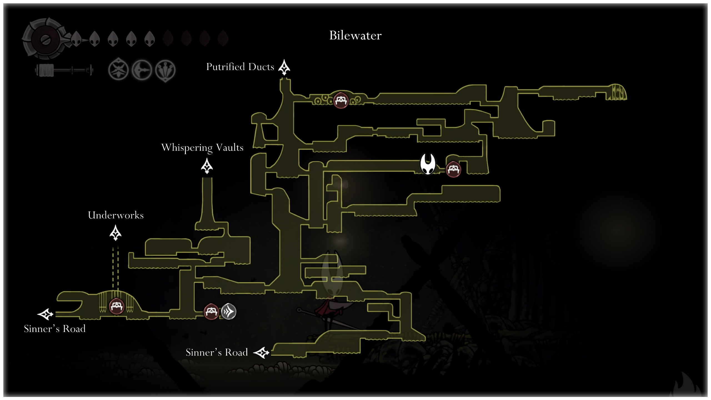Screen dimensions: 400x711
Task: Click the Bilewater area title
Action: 355,36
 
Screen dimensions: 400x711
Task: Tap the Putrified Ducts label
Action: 240,67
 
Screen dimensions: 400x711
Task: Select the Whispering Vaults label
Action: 202,147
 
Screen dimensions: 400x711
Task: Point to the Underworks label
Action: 116,215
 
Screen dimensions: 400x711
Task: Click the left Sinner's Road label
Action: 55,329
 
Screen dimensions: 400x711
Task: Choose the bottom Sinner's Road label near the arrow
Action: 217,352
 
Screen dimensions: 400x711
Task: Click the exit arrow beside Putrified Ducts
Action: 284,67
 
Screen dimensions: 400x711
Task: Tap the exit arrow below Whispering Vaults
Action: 207,166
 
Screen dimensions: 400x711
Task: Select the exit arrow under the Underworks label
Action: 116,233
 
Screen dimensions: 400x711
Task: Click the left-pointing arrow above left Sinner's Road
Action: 45,314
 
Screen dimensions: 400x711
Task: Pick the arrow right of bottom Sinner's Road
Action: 261,353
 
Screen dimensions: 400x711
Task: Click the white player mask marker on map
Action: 428,164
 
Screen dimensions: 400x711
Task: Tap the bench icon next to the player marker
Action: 453,169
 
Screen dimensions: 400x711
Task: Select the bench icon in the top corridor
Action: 341,100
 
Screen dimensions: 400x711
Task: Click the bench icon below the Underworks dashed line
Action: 116,306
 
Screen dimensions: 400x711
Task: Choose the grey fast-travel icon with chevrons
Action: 229,311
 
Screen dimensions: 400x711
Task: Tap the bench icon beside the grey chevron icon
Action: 211,311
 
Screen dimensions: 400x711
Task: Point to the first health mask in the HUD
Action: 76,39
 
